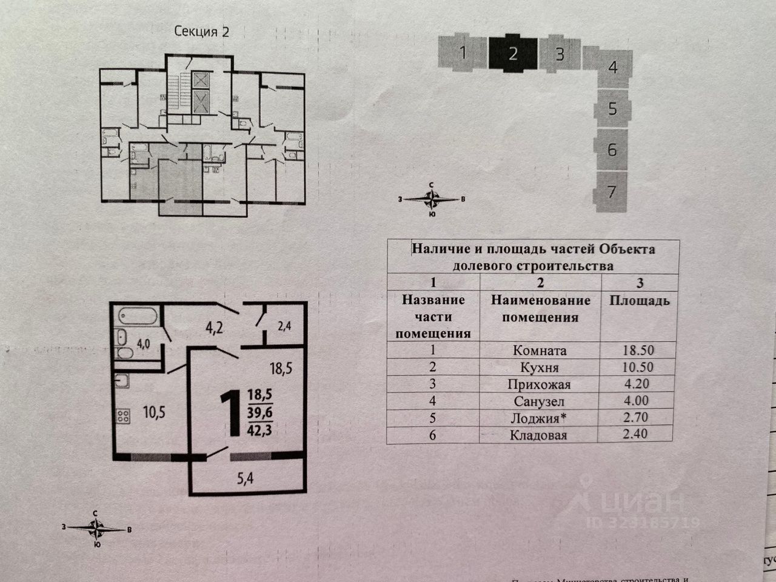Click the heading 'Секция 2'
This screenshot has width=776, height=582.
[x=202, y=32]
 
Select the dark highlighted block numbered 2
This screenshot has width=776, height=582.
[x=513, y=53]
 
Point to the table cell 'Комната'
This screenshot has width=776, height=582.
[x=540, y=350]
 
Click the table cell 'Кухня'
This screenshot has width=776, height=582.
[x=540, y=367]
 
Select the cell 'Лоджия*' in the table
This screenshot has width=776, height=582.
[x=540, y=418]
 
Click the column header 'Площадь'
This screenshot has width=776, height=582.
[x=639, y=301]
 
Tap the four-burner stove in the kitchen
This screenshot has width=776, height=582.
[x=123, y=416]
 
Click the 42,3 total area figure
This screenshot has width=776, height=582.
[x=259, y=432]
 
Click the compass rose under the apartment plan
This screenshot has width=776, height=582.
[x=96, y=529]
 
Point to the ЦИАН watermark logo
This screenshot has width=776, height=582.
[x=630, y=503]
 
